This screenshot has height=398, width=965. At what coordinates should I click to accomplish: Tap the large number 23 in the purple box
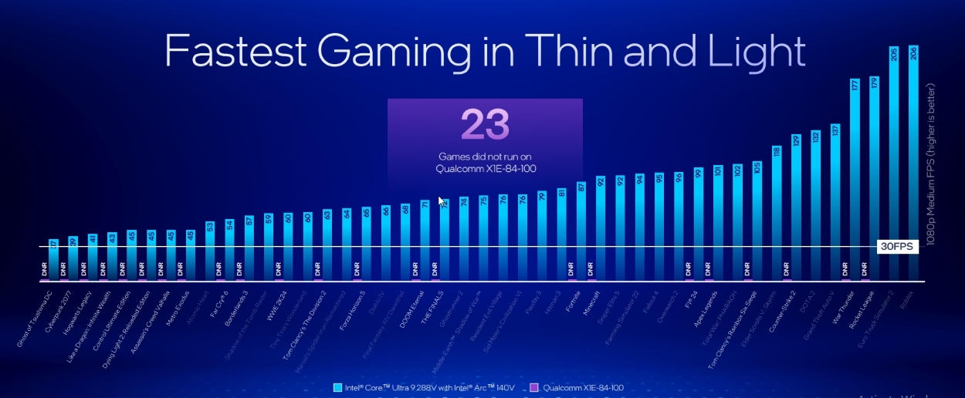pos(485,125)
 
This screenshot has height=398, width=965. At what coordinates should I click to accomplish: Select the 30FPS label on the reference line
pos(896,247)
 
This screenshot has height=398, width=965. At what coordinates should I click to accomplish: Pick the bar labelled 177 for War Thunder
pos(855,177)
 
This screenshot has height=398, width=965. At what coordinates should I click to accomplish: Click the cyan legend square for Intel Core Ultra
pos(337,387)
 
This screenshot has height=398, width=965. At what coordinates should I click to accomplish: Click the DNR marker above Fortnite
pos(571,269)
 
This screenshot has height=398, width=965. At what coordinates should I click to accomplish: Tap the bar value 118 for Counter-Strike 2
pos(777,151)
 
